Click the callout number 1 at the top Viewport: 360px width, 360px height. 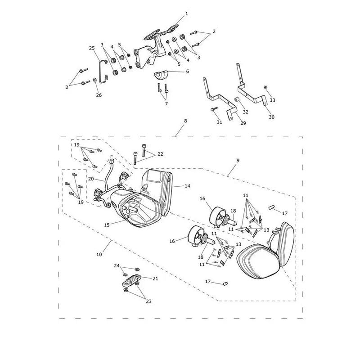click(x=187, y=14)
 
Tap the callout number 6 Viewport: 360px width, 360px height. click(x=187, y=72)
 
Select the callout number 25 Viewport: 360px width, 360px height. click(x=92, y=48)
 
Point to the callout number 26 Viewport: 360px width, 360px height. click(x=99, y=95)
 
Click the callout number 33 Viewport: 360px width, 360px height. click(x=272, y=100)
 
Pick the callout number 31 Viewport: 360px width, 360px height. click(x=220, y=122)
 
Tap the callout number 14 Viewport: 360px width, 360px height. click(x=188, y=186)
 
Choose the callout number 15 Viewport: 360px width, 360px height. click(x=107, y=225)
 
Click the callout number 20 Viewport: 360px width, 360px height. click(x=91, y=179)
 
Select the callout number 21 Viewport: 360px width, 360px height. click(x=155, y=279)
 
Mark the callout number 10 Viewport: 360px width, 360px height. click(x=99, y=255)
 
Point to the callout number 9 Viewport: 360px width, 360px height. click(x=238, y=161)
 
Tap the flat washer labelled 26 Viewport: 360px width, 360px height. click(x=95, y=80)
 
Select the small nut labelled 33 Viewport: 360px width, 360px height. click(x=265, y=87)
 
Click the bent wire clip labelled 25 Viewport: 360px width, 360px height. click(x=103, y=71)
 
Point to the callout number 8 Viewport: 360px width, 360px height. click(x=185, y=121)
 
